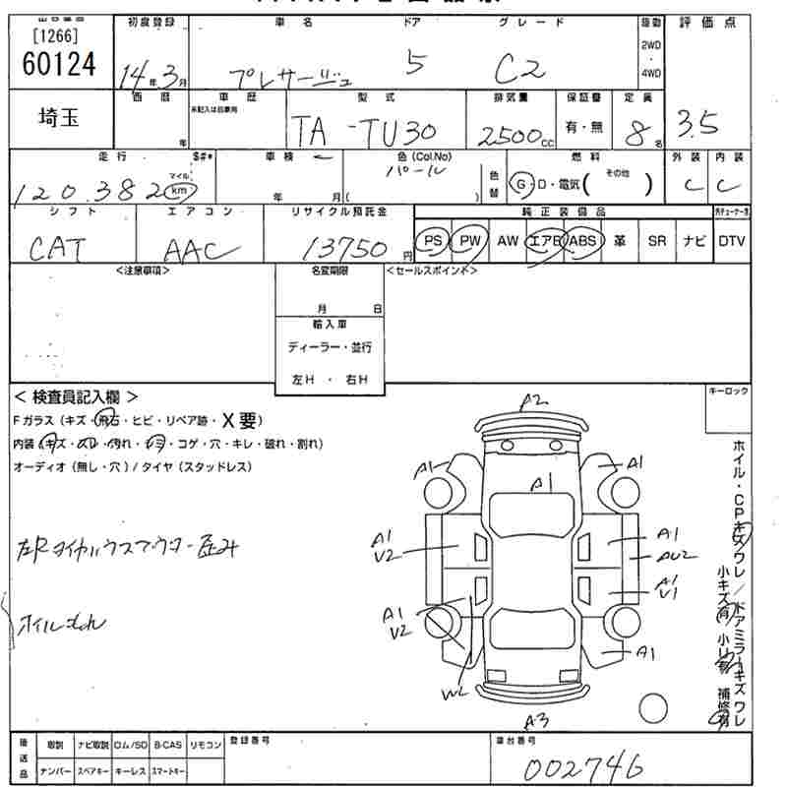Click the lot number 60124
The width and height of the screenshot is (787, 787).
[x=59, y=64]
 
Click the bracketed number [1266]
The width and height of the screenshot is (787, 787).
[x=56, y=37]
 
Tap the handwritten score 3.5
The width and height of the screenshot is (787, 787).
[x=697, y=123]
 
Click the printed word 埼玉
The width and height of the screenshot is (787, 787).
[x=58, y=118]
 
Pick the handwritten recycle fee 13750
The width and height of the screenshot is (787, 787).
[x=348, y=246]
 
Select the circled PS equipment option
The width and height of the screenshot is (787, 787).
[x=430, y=241]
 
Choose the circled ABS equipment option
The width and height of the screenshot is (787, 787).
[x=583, y=241]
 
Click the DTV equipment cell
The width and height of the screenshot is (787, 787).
[x=731, y=241]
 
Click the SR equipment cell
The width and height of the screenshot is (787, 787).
[x=656, y=241]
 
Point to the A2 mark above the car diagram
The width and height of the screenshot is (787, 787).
[x=533, y=399]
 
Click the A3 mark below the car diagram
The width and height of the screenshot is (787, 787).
[x=537, y=719]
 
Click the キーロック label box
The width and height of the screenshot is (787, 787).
[x=728, y=392]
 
